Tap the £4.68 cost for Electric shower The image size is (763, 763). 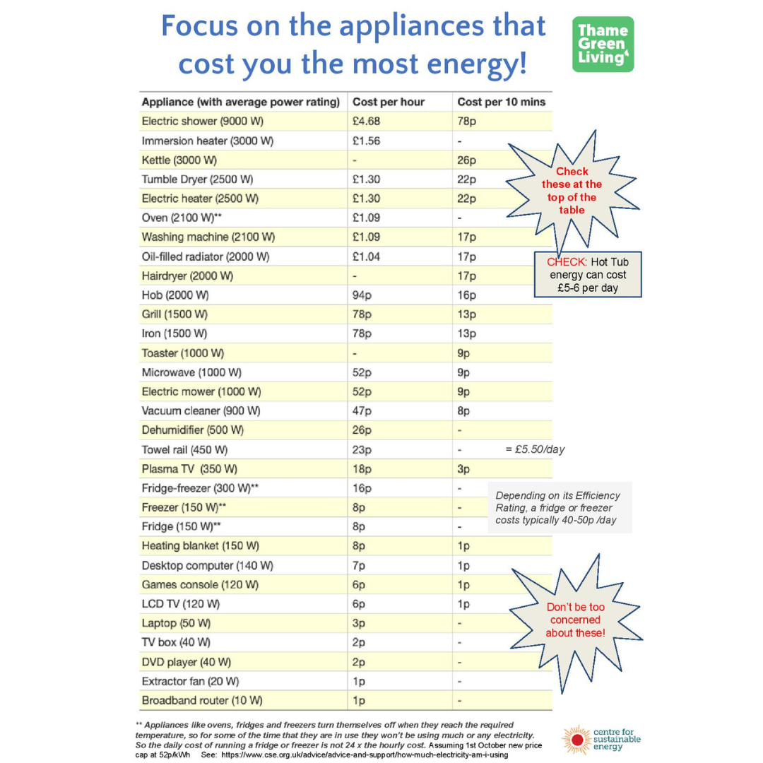click(366, 121)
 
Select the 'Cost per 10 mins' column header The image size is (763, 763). click(501, 102)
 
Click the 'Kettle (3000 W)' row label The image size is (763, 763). click(179, 160)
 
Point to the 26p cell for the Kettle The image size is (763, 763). click(467, 160)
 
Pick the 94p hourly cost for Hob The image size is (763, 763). click(361, 295)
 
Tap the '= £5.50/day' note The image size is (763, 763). click(534, 449)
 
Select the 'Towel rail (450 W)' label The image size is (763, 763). click(184, 449)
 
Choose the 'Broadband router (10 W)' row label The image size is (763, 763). click(202, 701)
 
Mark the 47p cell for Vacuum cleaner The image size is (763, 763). click(361, 410)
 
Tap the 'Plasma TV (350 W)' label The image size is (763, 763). click(189, 469)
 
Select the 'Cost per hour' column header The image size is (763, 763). click(389, 102)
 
